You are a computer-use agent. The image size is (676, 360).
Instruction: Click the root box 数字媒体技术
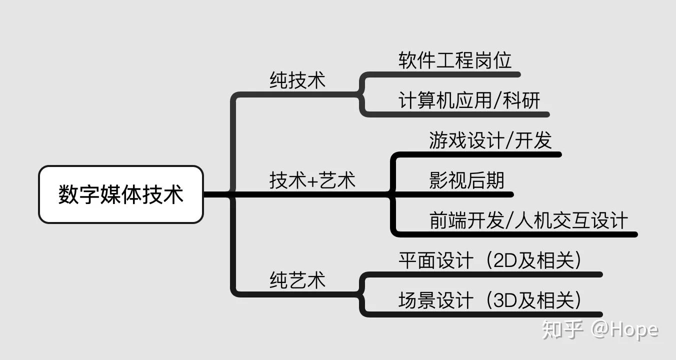[121, 194]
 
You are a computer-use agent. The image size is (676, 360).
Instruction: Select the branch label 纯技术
[297, 80]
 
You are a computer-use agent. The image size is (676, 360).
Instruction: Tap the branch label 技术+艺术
[312, 180]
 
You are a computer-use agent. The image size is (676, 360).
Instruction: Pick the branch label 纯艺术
[297, 279]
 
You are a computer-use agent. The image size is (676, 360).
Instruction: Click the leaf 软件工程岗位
[455, 60]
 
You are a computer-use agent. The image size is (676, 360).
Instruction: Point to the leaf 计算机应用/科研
[469, 100]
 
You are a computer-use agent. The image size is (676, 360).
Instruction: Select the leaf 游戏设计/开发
[490, 140]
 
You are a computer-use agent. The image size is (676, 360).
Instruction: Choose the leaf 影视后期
[466, 180]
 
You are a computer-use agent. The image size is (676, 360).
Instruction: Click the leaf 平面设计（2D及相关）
[491, 260]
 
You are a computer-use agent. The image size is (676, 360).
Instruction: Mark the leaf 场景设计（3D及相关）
[491, 300]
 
